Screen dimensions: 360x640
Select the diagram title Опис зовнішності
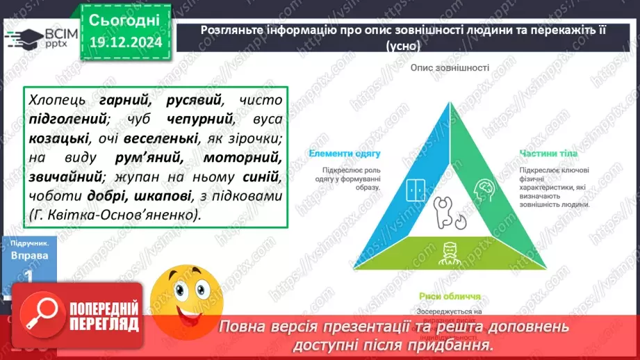450,68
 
